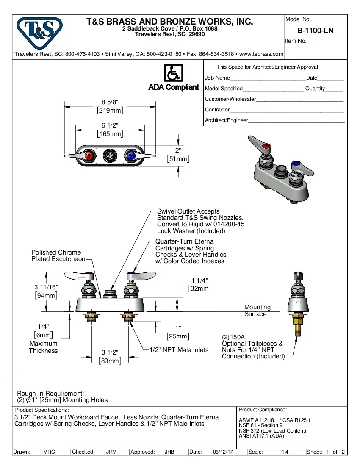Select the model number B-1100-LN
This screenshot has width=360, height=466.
pyautogui.click(x=315, y=31)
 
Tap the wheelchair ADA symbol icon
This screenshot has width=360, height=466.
pyautogui.click(x=173, y=73)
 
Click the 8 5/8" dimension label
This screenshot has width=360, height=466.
pyautogui.click(x=110, y=102)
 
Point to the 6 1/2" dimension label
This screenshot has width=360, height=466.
pyautogui.click(x=110, y=125)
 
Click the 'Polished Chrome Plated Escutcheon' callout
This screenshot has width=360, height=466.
pyautogui.click(x=58, y=255)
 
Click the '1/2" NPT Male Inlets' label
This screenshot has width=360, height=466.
pyautogui.click(x=179, y=350)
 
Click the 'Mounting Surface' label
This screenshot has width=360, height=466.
pyautogui.click(x=257, y=311)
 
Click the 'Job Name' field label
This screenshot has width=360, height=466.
pyautogui.click(x=217, y=78)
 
